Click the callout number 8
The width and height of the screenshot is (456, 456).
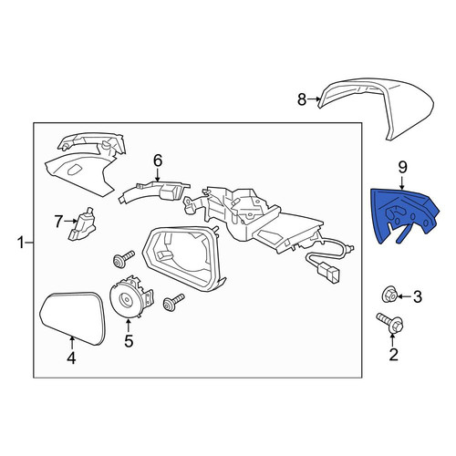(302, 99)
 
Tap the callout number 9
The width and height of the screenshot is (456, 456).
(402, 167)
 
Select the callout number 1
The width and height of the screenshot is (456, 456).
(21, 243)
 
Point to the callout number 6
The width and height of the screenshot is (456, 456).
(158, 161)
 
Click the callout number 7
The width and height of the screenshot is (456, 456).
(59, 222)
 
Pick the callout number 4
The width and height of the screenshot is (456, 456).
(71, 358)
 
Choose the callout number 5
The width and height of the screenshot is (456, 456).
(129, 341)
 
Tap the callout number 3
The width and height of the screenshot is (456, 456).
(418, 296)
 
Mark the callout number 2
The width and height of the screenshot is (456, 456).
(393, 354)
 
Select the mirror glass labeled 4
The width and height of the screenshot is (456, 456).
(73, 318)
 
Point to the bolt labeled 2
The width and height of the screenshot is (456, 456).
(390, 324)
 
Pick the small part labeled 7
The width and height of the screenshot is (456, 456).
(81, 225)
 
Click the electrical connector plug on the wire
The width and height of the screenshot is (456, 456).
(327, 271)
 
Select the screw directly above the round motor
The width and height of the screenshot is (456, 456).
(123, 258)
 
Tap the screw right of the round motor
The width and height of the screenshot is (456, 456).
(173, 302)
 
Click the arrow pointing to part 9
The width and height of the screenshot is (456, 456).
(402, 182)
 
